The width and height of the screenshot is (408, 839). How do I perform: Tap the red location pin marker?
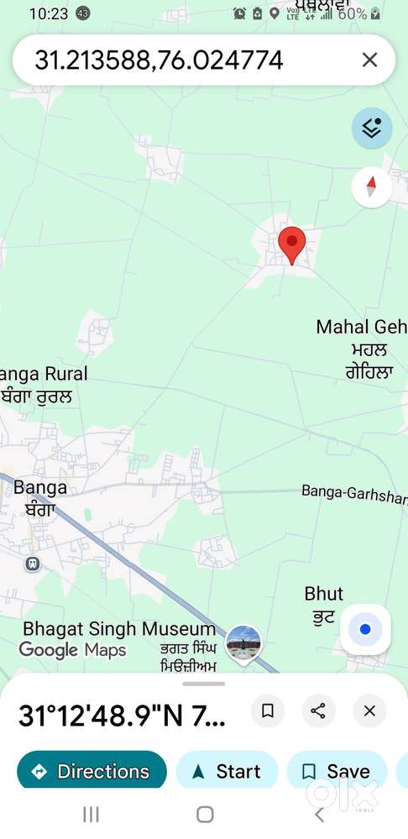(291, 244)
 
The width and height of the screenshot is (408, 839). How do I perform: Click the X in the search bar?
(369, 60)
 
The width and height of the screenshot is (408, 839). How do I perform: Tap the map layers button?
(372, 128)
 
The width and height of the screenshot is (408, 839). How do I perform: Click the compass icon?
(372, 186)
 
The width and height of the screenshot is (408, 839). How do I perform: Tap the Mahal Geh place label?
(361, 327)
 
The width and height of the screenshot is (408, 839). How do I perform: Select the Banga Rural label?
(44, 374)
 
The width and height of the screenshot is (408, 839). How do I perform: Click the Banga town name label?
(39, 487)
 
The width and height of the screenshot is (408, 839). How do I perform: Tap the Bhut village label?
(323, 595)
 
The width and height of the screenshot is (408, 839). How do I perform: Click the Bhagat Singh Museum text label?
(119, 628)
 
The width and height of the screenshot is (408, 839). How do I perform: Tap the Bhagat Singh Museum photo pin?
(243, 642)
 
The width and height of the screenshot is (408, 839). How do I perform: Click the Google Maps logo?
(72, 650)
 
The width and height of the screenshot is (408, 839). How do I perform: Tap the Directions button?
(92, 771)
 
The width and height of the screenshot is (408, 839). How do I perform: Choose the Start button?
(227, 771)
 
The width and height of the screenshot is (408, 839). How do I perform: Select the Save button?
(337, 771)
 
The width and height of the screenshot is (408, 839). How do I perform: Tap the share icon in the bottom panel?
(318, 711)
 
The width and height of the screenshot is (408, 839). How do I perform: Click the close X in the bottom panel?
(369, 711)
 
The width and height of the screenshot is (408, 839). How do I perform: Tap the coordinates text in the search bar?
(159, 60)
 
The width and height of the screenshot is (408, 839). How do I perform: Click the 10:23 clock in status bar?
(48, 13)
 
